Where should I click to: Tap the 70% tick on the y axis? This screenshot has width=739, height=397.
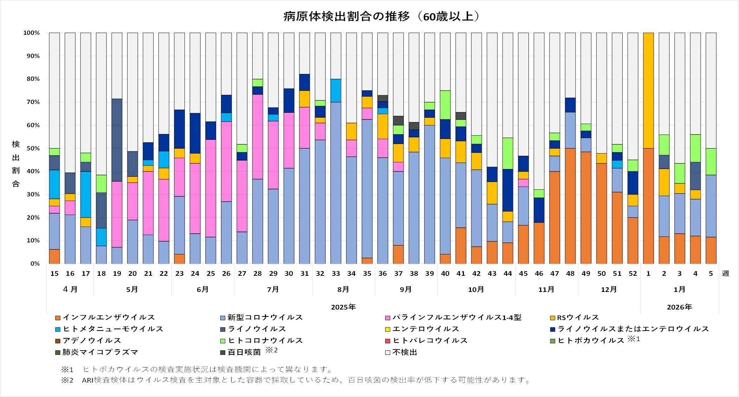coord(32,102)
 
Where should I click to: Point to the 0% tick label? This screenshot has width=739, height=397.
coord(35,264)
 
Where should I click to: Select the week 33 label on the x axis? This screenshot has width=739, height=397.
coord(336,274)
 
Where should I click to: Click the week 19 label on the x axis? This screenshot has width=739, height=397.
coord(117,274)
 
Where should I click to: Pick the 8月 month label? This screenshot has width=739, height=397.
coord(343,289)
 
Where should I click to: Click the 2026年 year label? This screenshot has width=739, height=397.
coord(679,307)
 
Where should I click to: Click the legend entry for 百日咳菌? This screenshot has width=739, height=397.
coord(244,352)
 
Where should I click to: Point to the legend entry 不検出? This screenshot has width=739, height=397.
coord(404,352)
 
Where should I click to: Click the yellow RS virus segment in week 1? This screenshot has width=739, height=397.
coord(648,90)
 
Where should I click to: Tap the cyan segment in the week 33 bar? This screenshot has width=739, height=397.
coord(336,90)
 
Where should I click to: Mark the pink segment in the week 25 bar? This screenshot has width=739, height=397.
coord(211,188)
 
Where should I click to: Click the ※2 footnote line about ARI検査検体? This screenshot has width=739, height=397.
coord(295,380)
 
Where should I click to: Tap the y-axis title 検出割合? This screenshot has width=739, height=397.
coord(16,164)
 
